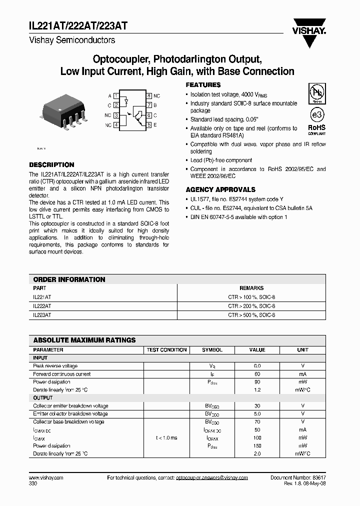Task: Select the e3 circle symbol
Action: pos(316,115)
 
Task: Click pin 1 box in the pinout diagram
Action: pos(116,95)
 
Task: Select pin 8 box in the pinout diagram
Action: pos(149,95)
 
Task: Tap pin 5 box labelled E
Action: pos(149,124)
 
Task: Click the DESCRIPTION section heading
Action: pos(51,164)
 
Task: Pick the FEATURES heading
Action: pos(203,85)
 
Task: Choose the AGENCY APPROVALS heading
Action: pos(220,189)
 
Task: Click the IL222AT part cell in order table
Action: pos(41,305)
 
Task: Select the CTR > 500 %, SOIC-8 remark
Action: pos(251,315)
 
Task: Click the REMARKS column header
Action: pos(251,288)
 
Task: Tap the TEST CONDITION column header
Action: pos(166,350)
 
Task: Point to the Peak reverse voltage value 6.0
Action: pos(257,366)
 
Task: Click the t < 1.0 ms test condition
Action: pos(166,437)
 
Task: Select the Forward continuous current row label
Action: pos(61,374)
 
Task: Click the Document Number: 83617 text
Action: pos(298,478)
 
